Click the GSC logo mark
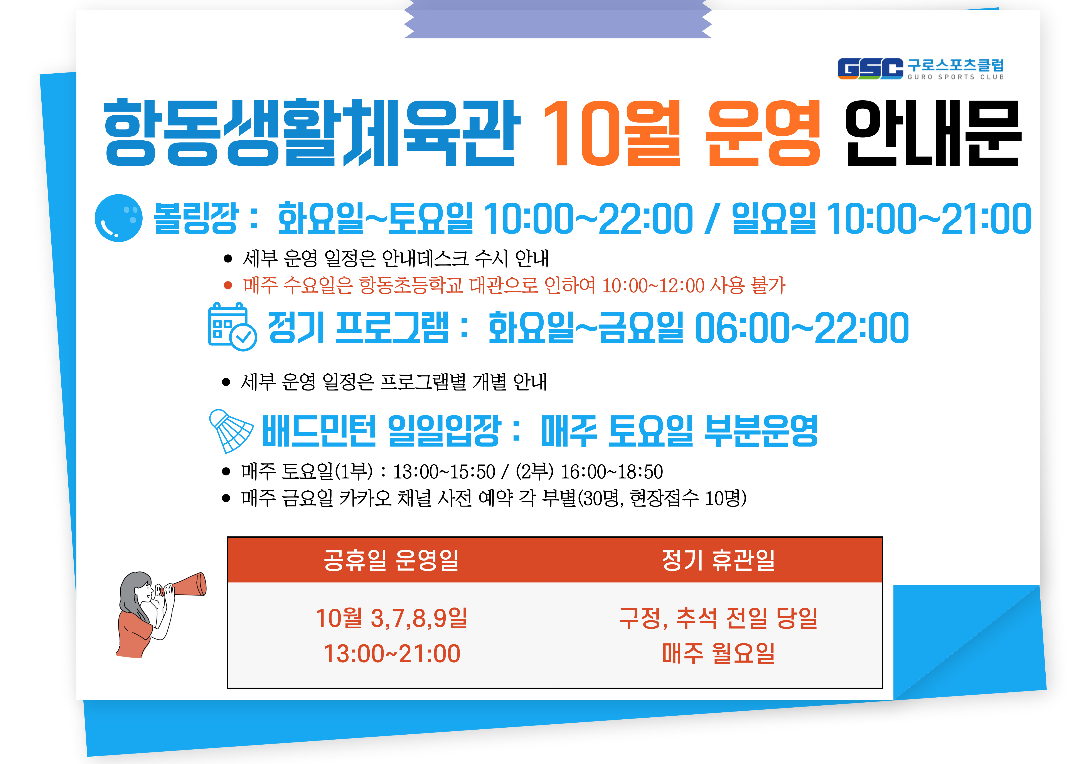[870, 69]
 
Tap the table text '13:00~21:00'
[392, 653]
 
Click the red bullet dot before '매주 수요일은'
[228, 285]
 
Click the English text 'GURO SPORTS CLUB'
[956, 77]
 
